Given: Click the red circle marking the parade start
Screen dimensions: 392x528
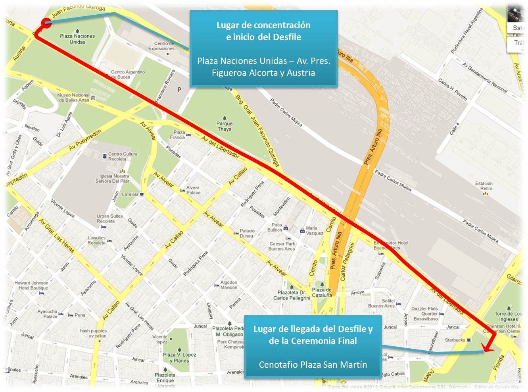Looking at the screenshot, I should pyautogui.click(x=46, y=23).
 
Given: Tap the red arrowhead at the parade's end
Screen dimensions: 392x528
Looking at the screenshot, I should pyautogui.click(x=488, y=350).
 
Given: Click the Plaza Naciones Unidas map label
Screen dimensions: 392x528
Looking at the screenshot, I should pyautogui.click(x=77, y=39).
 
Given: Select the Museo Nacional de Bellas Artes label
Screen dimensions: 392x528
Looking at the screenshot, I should pyautogui.click(x=73, y=97).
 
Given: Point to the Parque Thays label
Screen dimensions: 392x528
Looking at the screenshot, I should pyautogui.click(x=225, y=126).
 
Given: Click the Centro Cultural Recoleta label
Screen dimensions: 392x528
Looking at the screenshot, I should pyautogui.click(x=123, y=156).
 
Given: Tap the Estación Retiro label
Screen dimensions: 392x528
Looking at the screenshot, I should pyautogui.click(x=484, y=186).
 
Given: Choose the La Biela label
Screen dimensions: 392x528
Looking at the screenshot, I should pyautogui.click(x=130, y=195).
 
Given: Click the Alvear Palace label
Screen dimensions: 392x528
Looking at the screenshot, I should pyautogui.click(x=193, y=190).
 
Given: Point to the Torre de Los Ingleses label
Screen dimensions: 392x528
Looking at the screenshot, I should pyautogui.click(x=508, y=316).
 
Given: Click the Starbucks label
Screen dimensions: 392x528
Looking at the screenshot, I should pyautogui.click(x=455, y=340).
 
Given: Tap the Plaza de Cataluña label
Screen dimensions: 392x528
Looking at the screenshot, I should pyautogui.click(x=322, y=292).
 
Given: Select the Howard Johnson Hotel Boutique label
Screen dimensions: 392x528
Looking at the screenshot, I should pyautogui.click(x=31, y=286).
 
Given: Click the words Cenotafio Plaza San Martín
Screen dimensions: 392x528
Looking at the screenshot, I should pyautogui.click(x=313, y=365).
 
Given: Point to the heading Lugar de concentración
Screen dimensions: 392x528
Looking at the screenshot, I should pyautogui.click(x=263, y=25).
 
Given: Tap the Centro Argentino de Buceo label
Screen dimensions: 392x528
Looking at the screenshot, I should pyautogui.click(x=128, y=74).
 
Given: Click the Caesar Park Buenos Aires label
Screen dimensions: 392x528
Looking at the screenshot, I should pyautogui.click(x=282, y=246).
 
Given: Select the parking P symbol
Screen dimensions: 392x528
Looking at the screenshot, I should pyautogui.click(x=179, y=89).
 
